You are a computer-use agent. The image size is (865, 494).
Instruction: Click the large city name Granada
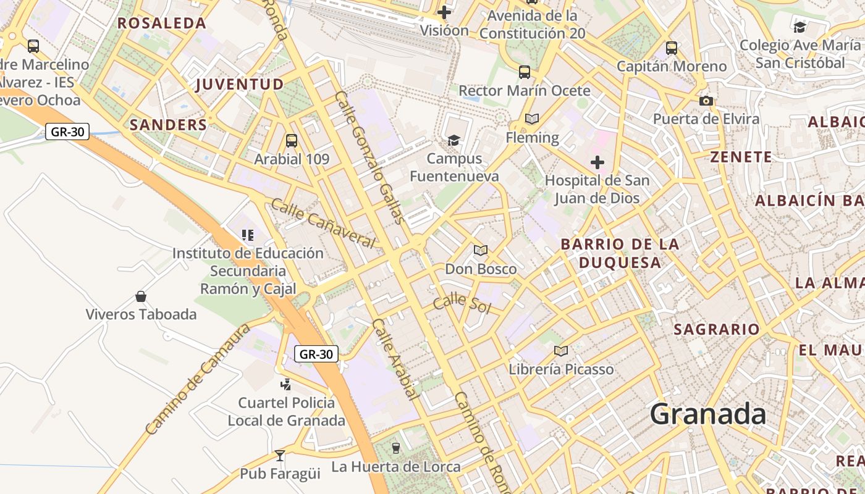point(707,414)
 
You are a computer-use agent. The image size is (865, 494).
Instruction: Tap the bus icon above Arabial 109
point(292,141)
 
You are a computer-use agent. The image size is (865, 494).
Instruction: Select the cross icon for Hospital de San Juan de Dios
point(597,162)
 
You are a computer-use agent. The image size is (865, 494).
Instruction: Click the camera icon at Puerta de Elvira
point(706,101)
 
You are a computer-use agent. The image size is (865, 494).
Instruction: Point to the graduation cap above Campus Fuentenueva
point(454,141)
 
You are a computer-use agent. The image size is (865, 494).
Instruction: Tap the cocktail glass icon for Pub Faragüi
point(280,456)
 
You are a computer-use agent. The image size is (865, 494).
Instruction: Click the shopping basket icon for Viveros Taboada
point(141,296)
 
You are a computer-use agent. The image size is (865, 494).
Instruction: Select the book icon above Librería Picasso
point(560,351)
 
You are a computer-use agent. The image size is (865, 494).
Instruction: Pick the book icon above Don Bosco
point(481,251)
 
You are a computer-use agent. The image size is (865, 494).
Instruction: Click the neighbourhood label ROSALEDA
point(162,23)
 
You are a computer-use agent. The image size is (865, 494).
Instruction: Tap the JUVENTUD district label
point(240,85)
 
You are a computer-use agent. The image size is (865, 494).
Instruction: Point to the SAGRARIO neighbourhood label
point(717,329)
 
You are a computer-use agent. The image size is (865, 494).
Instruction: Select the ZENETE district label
point(741,157)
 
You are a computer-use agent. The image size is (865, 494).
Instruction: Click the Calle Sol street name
point(462,304)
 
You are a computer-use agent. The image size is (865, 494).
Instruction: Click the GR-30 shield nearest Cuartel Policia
point(316,354)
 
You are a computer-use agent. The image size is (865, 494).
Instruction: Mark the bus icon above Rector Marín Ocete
point(525,72)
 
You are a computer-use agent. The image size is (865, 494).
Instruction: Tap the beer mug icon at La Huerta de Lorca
point(396,448)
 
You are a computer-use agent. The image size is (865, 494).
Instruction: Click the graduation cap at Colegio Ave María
point(800,27)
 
